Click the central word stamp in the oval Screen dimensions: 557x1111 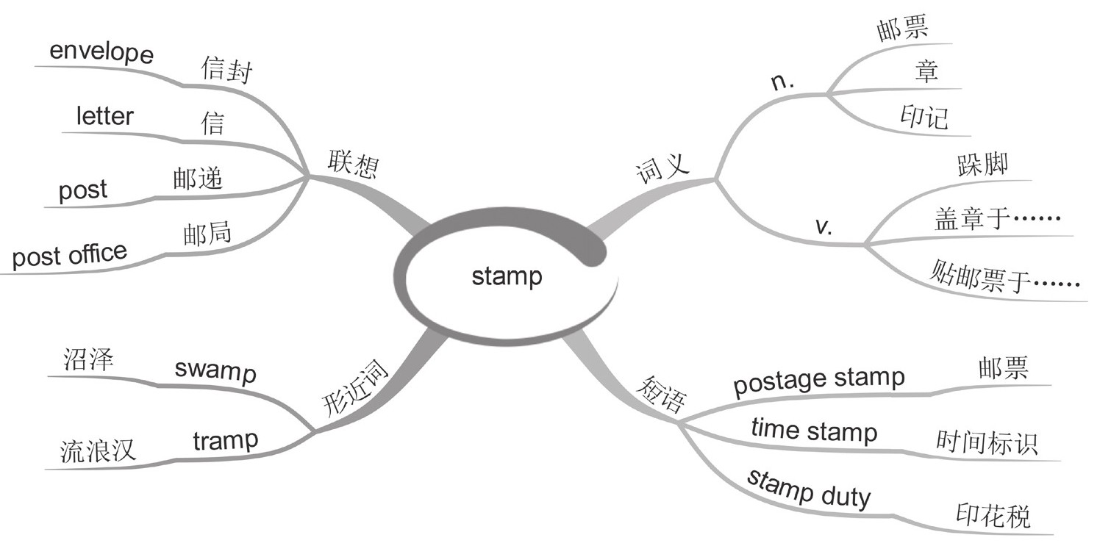pyautogui.click(x=507, y=277)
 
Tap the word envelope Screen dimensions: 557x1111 pyautogui.click(x=101, y=54)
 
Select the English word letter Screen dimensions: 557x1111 pyautogui.click(x=105, y=115)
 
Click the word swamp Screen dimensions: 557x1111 pyautogui.click(x=215, y=370)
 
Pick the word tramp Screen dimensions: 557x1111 pyautogui.click(x=226, y=441)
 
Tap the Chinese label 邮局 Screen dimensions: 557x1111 pyautogui.click(x=207, y=234)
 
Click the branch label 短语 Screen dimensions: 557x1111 pyautogui.click(x=660, y=394)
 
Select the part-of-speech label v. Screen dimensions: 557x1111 pyautogui.click(x=824, y=226)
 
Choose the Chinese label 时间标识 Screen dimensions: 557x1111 pyautogui.click(x=987, y=442)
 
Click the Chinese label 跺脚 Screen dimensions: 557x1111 pyautogui.click(x=982, y=165)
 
